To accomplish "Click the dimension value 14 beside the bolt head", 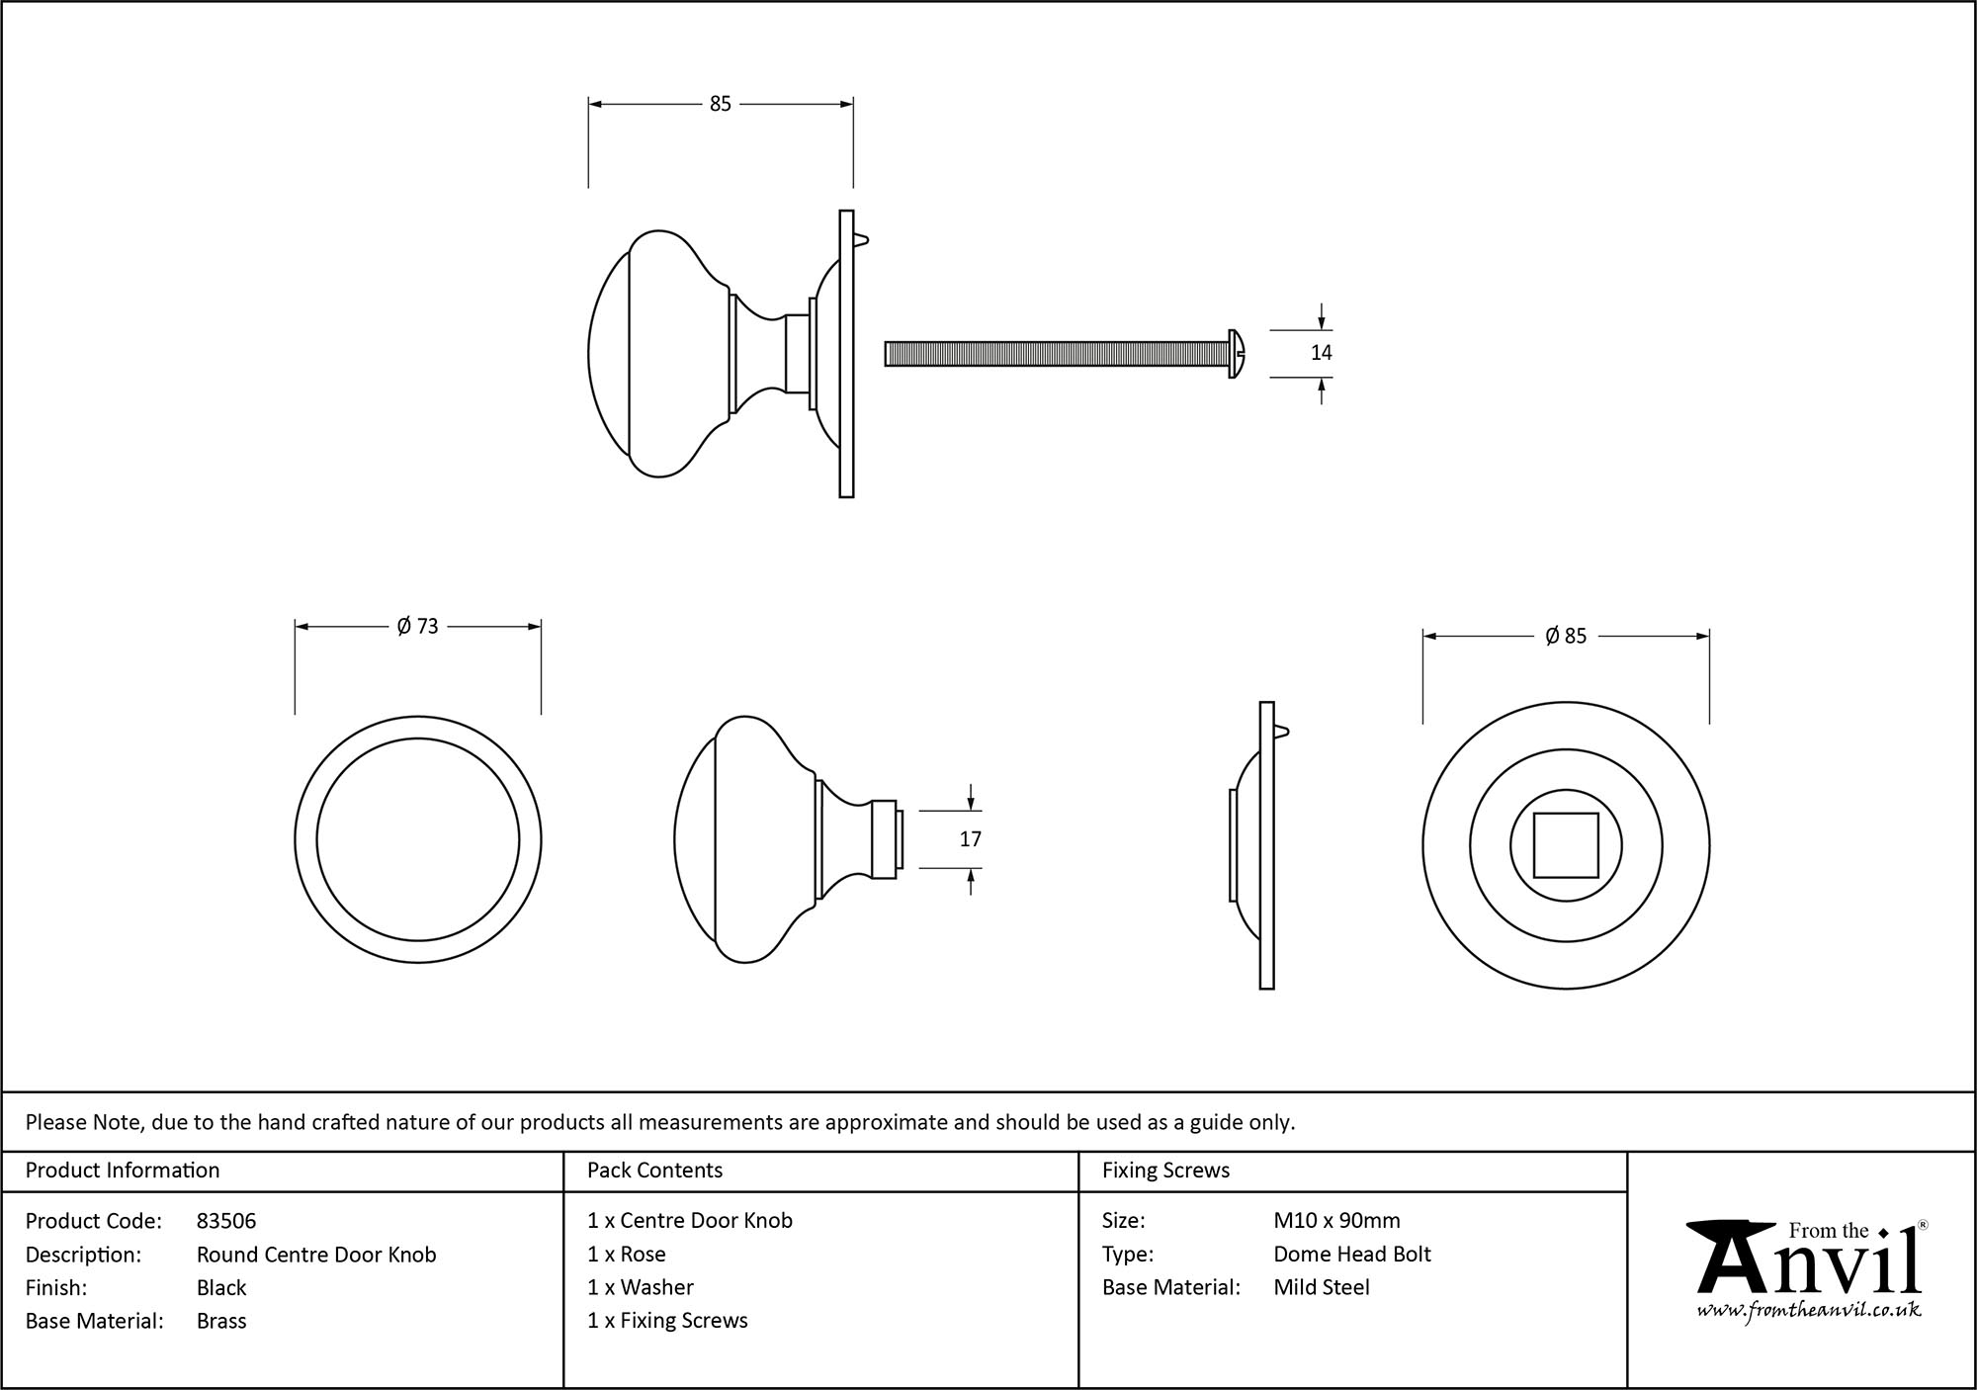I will pos(1321,353).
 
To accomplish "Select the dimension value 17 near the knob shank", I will pos(970,839).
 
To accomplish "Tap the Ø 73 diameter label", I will pos(417,627).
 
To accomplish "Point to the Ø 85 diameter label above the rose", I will pos(1566,637).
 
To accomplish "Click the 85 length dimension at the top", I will pos(720,104).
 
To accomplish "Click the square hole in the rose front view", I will pos(1566,845).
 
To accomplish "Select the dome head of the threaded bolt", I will pos(1237,353).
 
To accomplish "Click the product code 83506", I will pos(226,1221).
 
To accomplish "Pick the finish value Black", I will pos(221,1287).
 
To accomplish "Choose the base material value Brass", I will pos(221,1321).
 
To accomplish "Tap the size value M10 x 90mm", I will pos(1336,1221).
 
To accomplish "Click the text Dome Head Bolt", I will pos(1351,1255).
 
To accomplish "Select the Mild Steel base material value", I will pos(1322,1287).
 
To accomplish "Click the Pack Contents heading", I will pos(654,1171).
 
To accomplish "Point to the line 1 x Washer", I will pos(641,1287).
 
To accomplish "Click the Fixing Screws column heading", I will pos(1165,1171).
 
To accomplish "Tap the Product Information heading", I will pos(123,1171).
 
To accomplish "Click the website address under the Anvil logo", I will pos(1809,1311).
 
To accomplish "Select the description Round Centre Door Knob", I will pos(316,1255).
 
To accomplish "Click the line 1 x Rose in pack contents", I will pos(627,1255).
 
